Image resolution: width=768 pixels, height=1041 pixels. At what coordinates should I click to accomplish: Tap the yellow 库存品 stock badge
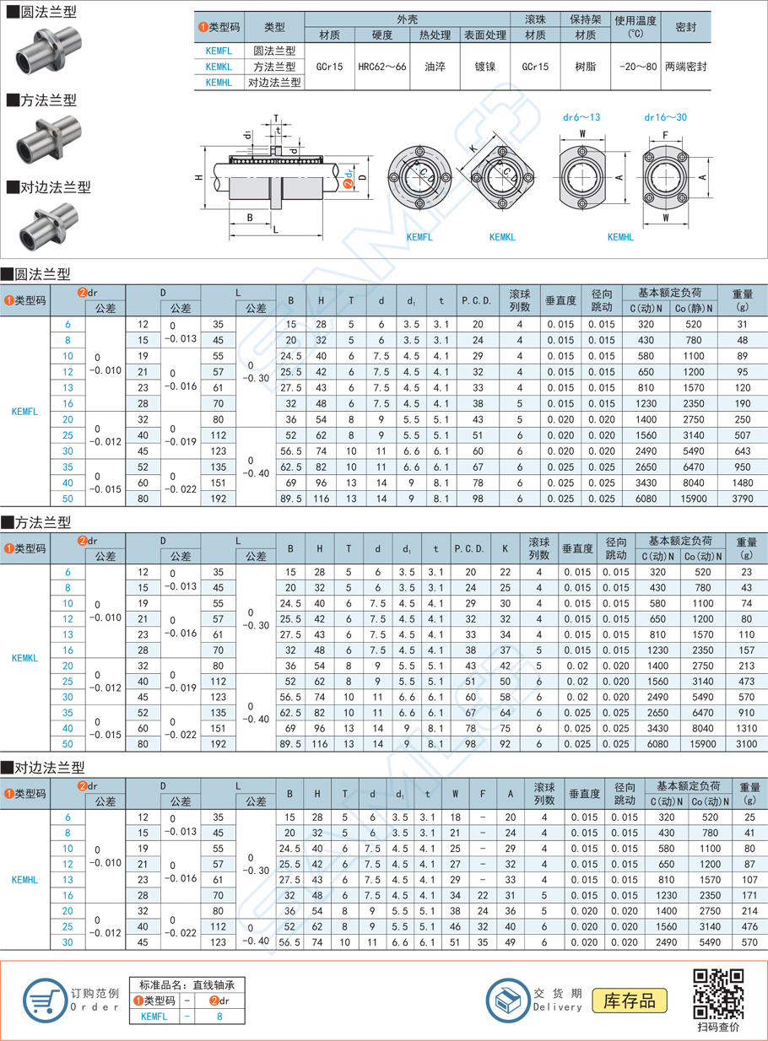(x=630, y=1001)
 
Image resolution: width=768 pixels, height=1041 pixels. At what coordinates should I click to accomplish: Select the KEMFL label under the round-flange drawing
(x=419, y=238)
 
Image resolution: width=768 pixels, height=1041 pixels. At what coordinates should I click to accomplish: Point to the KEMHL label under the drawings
(x=620, y=238)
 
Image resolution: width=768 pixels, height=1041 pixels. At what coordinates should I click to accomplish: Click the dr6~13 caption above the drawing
(x=582, y=117)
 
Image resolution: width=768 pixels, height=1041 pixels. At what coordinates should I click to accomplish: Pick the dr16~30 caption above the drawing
(x=665, y=117)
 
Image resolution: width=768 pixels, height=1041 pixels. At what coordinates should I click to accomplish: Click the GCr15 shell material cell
(x=329, y=65)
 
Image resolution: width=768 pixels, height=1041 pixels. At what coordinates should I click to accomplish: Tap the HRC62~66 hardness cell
(x=381, y=65)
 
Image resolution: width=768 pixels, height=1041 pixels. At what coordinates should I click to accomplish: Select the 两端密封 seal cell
(x=685, y=65)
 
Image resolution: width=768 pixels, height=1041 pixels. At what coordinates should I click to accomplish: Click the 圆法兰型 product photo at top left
(x=42, y=52)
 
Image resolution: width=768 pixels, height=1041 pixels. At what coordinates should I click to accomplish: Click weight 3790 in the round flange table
(x=743, y=499)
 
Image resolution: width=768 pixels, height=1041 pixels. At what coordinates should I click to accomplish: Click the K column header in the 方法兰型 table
(x=505, y=548)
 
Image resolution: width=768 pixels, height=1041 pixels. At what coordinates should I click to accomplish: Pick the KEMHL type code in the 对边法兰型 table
(x=25, y=880)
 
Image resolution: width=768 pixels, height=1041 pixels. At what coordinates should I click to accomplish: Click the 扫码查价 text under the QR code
(x=718, y=1027)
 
